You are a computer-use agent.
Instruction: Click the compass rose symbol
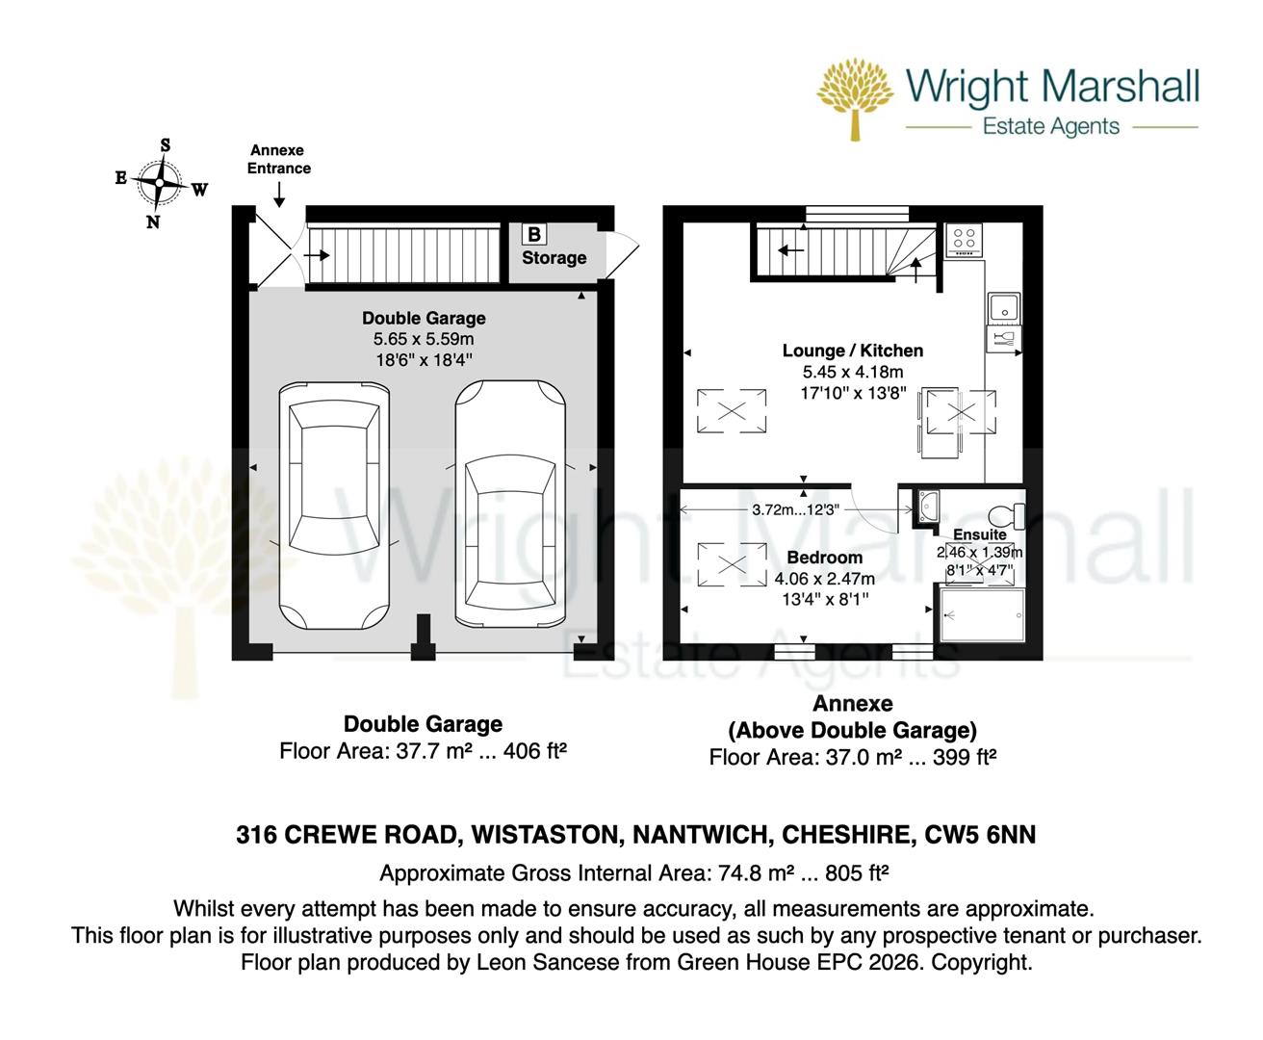point(157,183)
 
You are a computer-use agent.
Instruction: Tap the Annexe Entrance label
point(279,159)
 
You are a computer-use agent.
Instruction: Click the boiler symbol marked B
point(533,234)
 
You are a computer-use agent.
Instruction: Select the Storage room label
point(554,258)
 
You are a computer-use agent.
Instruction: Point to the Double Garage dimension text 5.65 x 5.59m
point(424,339)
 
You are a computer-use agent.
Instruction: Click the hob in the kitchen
point(963,240)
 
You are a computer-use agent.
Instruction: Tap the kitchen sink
point(1002,307)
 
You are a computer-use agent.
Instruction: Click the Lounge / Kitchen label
point(852,351)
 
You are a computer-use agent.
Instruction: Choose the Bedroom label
point(824,558)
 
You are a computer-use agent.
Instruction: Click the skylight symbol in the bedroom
point(732,564)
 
